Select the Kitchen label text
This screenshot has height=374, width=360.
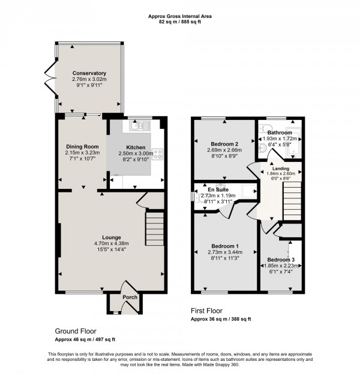click(x=136, y=147)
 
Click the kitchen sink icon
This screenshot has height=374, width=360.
click(x=139, y=125)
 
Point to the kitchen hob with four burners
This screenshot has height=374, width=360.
click(x=158, y=155)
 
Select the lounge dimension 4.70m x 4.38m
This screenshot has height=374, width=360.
click(x=112, y=243)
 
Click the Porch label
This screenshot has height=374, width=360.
click(x=130, y=297)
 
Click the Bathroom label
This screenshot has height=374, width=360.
click(x=280, y=132)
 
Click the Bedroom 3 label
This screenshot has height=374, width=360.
click(x=281, y=260)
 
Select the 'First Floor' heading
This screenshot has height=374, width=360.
click(x=206, y=311)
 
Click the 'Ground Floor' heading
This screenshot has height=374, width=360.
click(x=76, y=331)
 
